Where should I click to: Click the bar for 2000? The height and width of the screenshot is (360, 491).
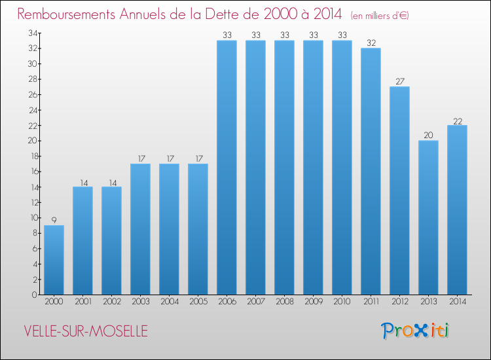(54, 260)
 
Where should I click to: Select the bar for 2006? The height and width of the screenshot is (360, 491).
(227, 168)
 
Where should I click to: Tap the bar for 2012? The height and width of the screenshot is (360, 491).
(399, 190)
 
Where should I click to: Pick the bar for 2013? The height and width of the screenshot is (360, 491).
(428, 217)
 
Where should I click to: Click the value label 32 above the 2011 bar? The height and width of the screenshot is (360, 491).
(371, 43)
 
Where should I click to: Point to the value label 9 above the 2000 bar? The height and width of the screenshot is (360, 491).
(54, 220)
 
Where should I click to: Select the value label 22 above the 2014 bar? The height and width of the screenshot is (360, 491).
(457, 120)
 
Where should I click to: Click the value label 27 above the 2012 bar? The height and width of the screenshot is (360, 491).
(399, 82)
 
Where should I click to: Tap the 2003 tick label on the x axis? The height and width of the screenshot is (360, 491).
(140, 302)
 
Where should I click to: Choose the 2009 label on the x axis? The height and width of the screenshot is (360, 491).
(313, 302)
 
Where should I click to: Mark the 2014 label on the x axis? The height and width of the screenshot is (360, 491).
(457, 302)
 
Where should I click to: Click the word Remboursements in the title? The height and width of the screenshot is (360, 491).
(69, 14)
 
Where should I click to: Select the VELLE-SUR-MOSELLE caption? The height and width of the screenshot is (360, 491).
(85, 331)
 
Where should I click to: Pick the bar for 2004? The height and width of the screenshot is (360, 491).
(169, 229)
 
